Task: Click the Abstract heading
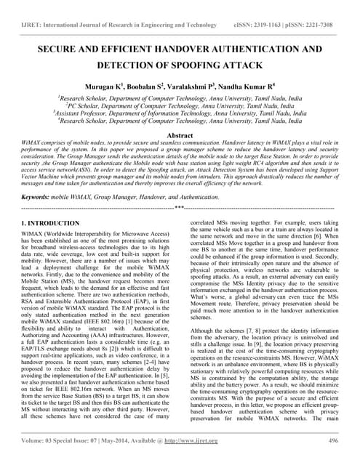(180, 135)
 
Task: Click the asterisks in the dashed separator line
(180, 208)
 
